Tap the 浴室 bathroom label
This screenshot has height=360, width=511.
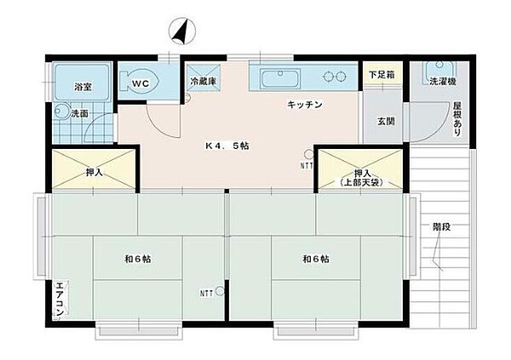pyautogui.click(x=83, y=87)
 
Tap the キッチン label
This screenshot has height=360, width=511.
pyautogui.click(x=305, y=105)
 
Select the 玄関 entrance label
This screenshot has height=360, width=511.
pyautogui.click(x=385, y=121)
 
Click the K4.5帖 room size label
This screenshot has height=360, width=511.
pyautogui.click(x=227, y=146)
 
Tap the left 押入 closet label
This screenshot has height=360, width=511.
pyautogui.click(x=95, y=172)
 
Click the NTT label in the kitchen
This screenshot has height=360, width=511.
pyautogui.click(x=306, y=164)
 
